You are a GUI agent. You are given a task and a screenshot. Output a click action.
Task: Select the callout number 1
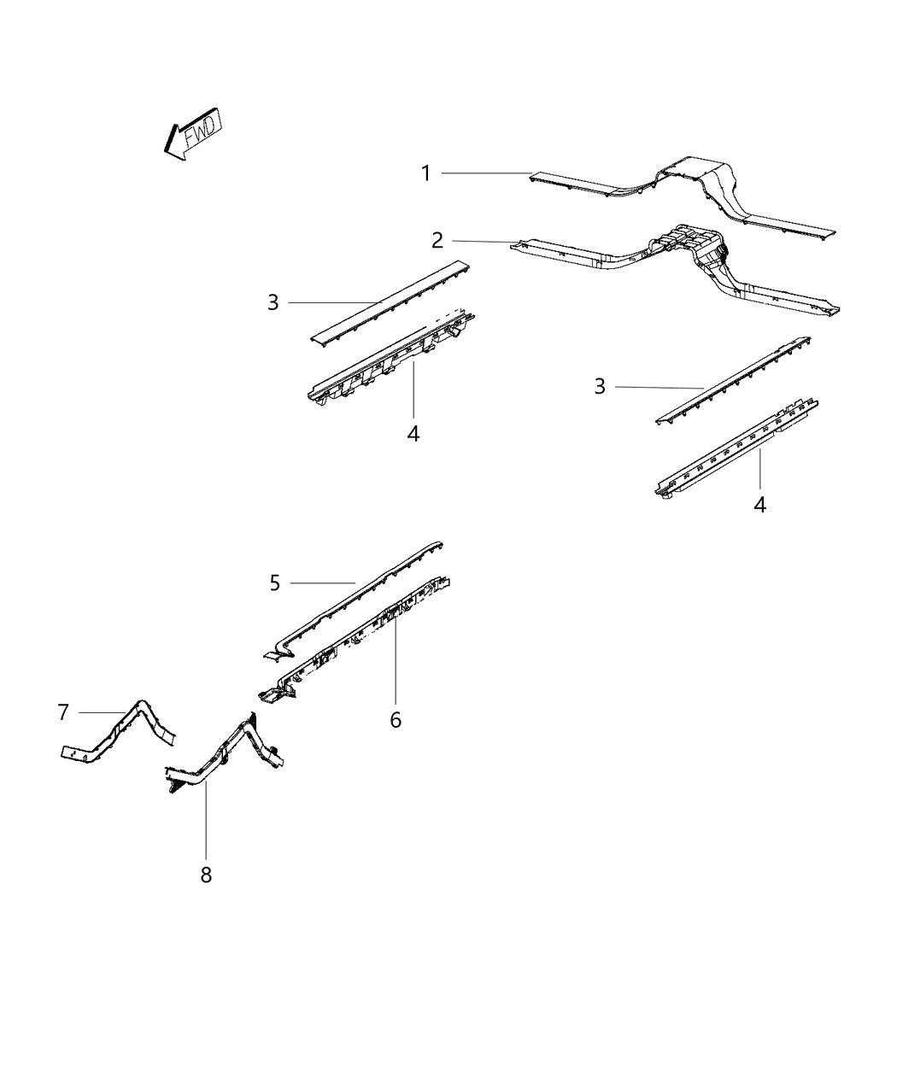pyautogui.click(x=425, y=173)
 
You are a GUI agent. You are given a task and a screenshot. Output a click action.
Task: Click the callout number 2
pyautogui.click(x=437, y=240)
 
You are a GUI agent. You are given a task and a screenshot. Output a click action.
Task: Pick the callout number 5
pyautogui.click(x=274, y=583)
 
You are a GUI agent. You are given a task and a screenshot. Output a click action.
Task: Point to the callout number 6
pyautogui.click(x=396, y=720)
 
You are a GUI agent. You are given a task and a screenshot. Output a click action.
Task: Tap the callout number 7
pyautogui.click(x=62, y=711)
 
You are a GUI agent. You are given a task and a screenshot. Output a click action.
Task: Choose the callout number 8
pyautogui.click(x=206, y=875)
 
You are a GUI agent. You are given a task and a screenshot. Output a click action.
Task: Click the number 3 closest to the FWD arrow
pyautogui.click(x=273, y=302)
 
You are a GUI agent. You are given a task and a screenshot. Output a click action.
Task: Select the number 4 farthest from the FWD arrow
pyautogui.click(x=759, y=505)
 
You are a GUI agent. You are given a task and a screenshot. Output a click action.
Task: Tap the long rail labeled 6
pyautogui.click(x=367, y=633)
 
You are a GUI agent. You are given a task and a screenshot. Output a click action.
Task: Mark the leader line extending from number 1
pyautogui.click(x=487, y=173)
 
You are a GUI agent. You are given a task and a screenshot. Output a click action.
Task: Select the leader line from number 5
pyautogui.click(x=323, y=583)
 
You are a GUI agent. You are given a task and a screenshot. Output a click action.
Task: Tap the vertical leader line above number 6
pyautogui.click(x=396, y=666)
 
